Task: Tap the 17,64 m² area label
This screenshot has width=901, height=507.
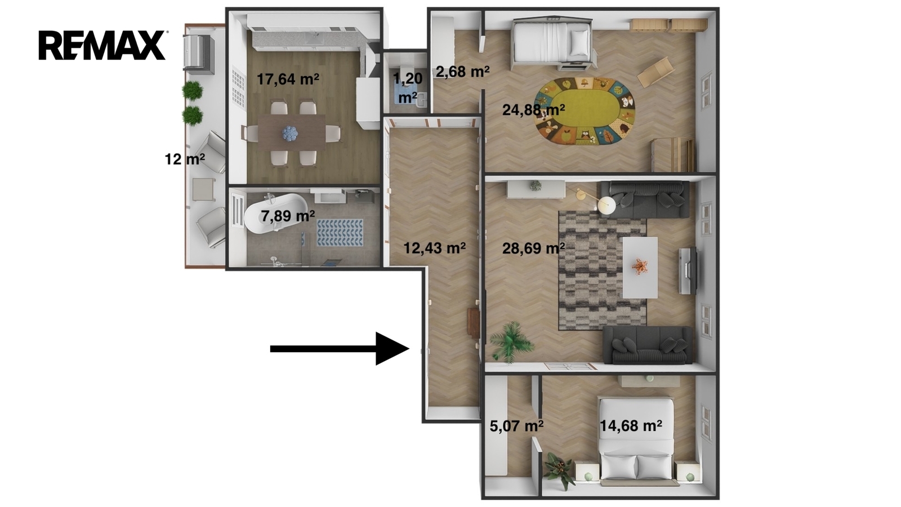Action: click(288, 79)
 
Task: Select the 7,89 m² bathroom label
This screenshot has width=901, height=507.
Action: click(288, 216)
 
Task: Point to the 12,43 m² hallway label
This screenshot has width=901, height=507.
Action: click(434, 248)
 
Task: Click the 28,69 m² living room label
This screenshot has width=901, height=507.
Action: click(533, 248)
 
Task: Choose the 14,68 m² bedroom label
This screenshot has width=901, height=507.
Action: click(631, 425)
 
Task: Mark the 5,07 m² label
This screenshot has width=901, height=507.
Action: click(516, 426)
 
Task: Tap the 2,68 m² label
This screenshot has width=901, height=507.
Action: click(462, 72)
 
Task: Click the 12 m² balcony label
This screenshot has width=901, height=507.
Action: click(185, 159)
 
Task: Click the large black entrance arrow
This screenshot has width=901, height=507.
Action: click(340, 349)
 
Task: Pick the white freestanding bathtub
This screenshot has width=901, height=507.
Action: click(275, 214)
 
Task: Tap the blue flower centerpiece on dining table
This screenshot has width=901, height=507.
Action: click(289, 133)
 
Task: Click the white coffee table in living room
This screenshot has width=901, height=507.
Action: click(640, 268)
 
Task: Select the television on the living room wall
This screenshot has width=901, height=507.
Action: click(688, 270)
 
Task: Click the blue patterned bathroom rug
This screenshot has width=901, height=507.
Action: click(340, 233)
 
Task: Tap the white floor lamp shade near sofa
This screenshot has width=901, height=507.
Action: click(606, 206)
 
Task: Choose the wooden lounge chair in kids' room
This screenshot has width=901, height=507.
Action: click(655, 73)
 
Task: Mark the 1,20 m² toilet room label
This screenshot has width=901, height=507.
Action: click(408, 88)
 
